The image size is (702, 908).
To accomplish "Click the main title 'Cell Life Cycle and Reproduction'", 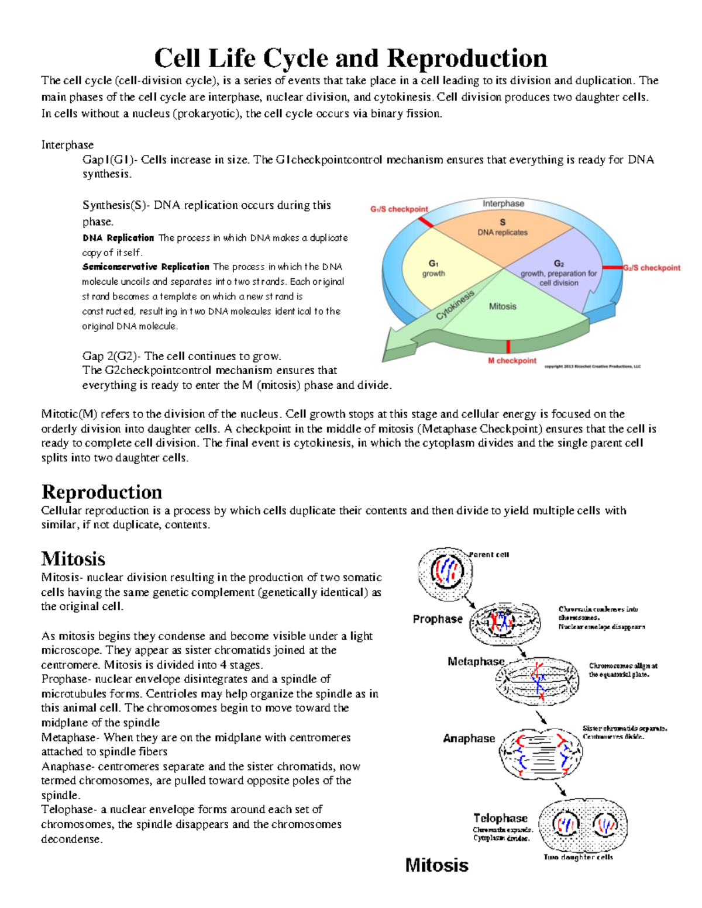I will click(x=350, y=58).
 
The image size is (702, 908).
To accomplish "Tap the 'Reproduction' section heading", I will click(x=102, y=492).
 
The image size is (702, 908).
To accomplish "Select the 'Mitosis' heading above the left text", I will click(x=73, y=558).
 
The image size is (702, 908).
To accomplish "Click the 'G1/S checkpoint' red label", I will click(x=399, y=209).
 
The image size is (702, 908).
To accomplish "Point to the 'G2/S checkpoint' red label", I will click(x=651, y=268).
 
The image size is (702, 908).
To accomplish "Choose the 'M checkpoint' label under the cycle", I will click(x=512, y=361).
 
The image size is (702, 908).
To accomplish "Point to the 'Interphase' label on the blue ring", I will click(x=503, y=203).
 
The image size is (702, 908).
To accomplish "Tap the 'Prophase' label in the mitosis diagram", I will click(x=437, y=619).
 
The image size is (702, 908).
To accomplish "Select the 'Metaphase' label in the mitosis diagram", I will click(x=476, y=661).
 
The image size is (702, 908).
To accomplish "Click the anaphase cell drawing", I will click(x=542, y=753).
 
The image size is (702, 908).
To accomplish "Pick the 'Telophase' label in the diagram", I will click(x=500, y=818).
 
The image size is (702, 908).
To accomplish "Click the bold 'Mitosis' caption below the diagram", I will click(x=436, y=865).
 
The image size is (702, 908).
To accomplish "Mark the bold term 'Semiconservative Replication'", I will click(x=146, y=267).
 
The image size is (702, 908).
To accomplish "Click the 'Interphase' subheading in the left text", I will click(x=67, y=144).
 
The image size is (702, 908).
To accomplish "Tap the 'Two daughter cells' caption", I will click(x=578, y=857).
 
